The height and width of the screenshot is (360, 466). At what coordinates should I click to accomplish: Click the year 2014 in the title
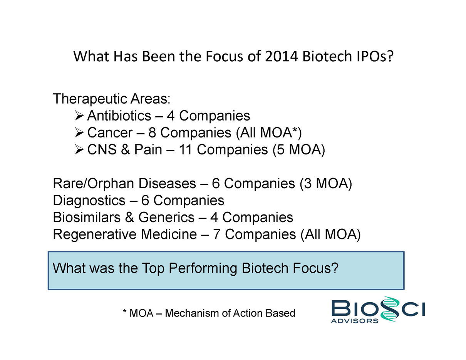282,56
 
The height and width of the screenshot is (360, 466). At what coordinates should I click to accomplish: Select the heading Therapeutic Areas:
112,99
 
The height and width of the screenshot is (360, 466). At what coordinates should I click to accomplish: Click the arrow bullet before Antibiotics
79,116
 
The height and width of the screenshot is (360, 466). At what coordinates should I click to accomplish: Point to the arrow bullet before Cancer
79,133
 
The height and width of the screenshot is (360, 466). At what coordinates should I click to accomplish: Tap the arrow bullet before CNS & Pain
79,150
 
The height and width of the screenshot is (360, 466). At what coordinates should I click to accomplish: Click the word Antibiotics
119,116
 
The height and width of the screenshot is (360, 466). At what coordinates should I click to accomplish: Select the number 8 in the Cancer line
152,133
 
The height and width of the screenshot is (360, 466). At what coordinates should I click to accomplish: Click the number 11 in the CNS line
185,150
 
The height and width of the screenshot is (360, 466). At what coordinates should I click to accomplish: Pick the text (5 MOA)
299,150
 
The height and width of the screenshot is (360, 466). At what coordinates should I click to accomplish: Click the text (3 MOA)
326,184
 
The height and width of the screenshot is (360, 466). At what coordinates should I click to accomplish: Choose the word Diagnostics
89,201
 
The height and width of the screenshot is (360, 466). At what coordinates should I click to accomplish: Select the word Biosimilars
87,217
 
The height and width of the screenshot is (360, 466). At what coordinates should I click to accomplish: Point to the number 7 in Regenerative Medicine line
216,234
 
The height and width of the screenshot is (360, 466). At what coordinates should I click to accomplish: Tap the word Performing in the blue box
203,268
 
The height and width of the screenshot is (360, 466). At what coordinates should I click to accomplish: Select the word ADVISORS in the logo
355,321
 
